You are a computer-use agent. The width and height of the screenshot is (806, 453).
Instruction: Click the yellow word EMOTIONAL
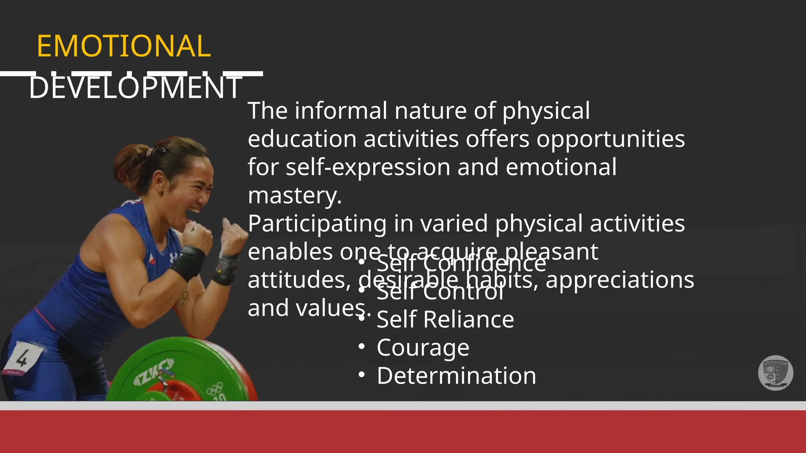point(124,46)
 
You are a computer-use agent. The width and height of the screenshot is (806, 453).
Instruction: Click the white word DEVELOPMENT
point(135,87)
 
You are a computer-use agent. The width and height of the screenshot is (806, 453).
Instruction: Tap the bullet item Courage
point(423,348)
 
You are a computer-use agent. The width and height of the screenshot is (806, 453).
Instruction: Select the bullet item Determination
point(456,376)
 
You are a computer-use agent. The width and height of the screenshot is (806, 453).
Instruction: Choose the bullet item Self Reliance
point(445,319)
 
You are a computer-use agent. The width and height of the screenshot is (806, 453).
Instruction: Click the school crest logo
point(775,373)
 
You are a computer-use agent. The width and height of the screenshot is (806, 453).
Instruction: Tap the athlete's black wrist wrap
point(188,262)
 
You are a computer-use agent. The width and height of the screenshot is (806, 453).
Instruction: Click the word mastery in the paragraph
point(294,195)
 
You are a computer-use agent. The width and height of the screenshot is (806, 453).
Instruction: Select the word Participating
point(317,224)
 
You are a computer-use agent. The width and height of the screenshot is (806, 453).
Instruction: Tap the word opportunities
point(610,140)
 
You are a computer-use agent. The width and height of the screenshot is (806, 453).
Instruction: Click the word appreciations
point(619,280)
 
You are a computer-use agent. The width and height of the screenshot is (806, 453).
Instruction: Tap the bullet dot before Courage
point(362,347)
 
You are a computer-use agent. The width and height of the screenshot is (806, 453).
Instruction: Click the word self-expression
point(368,168)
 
